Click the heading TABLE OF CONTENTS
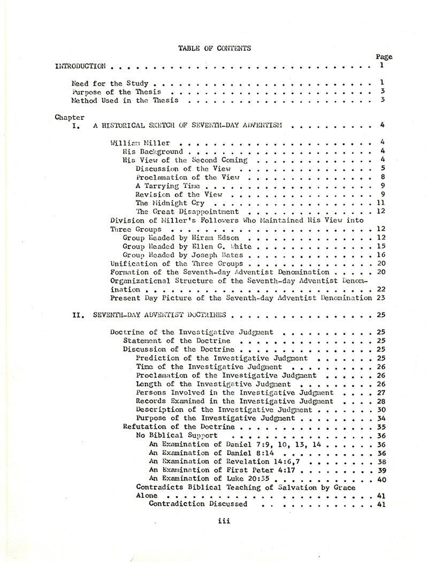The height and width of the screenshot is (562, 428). (214, 48)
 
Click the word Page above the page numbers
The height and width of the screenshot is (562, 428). (384, 57)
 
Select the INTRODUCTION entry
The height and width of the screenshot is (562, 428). (80, 66)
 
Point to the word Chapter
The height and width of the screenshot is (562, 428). (70, 117)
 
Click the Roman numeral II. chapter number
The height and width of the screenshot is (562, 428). (77, 315)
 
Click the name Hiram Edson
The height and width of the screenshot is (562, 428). (219, 238)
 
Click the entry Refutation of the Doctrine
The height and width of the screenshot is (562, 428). (179, 427)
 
